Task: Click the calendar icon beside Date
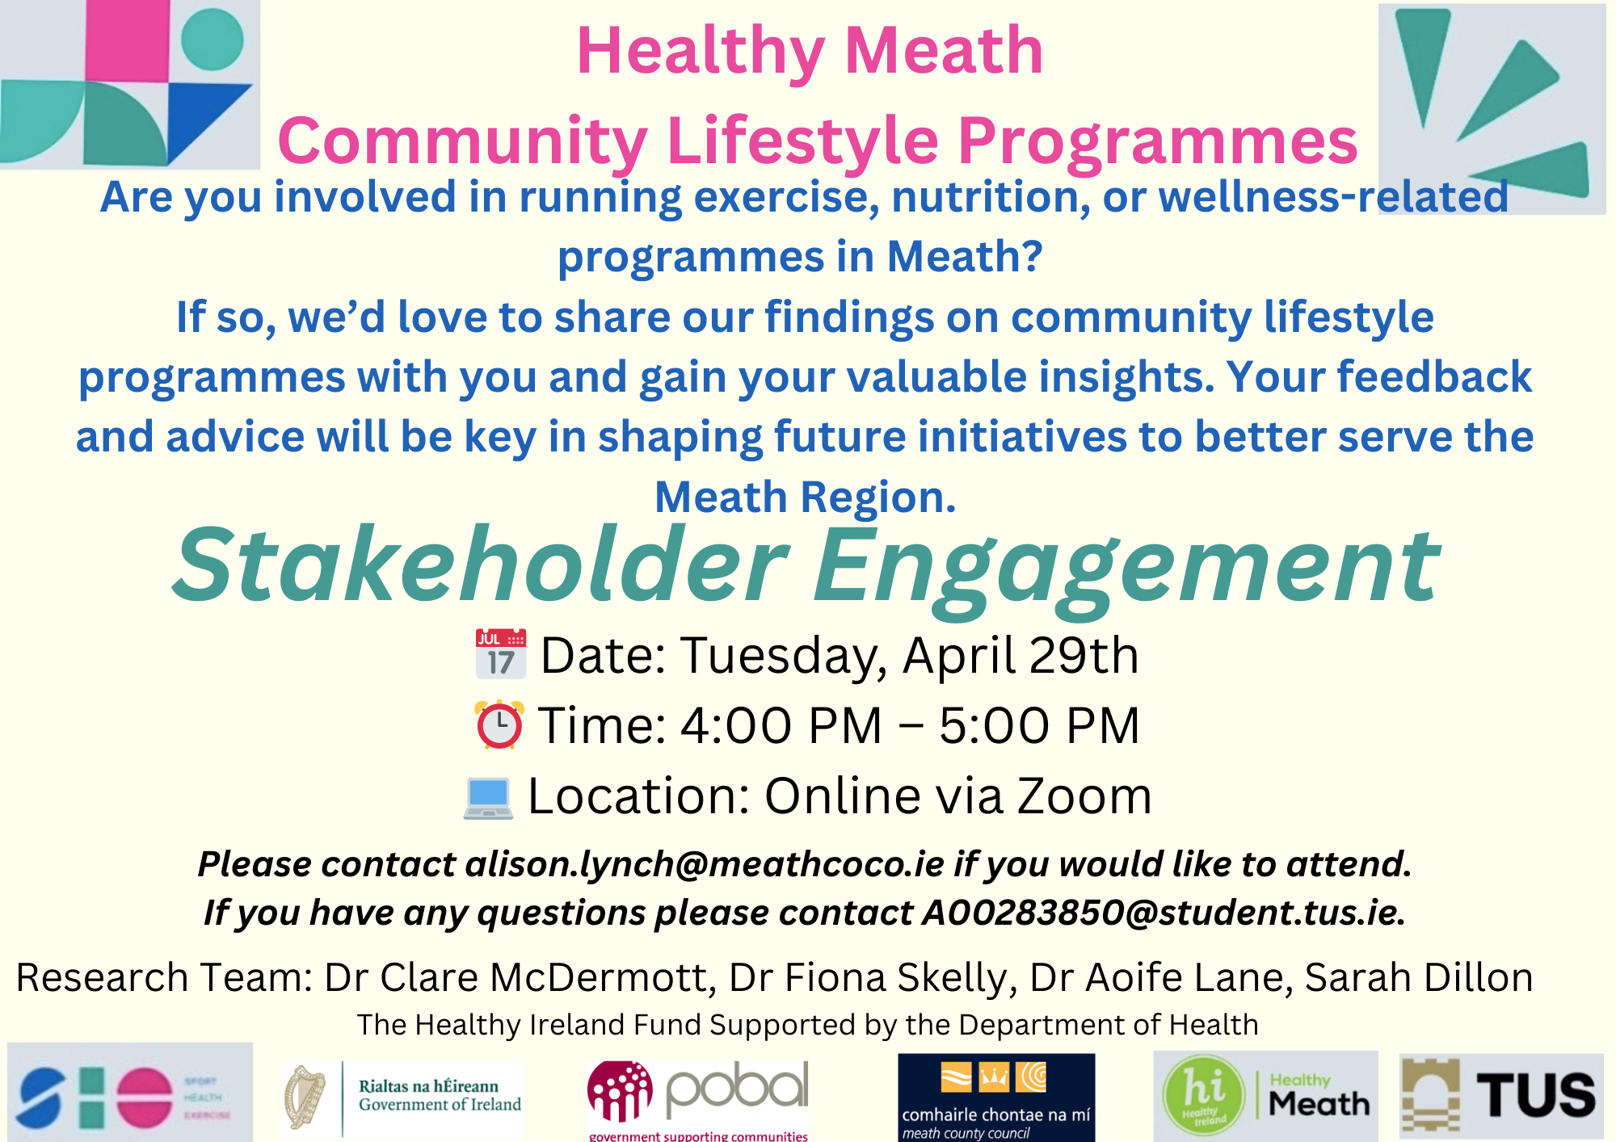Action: [500, 653]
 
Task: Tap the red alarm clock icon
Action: [499, 724]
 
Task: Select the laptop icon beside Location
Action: [488, 797]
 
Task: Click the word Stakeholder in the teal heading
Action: [480, 565]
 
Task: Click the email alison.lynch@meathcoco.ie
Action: [705, 864]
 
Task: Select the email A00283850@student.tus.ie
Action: [1159, 913]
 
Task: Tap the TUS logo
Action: [1501, 1095]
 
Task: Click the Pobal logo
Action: [698, 1095]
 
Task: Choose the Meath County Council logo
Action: [995, 1097]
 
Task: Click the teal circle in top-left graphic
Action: [212, 39]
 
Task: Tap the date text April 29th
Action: [1021, 654]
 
